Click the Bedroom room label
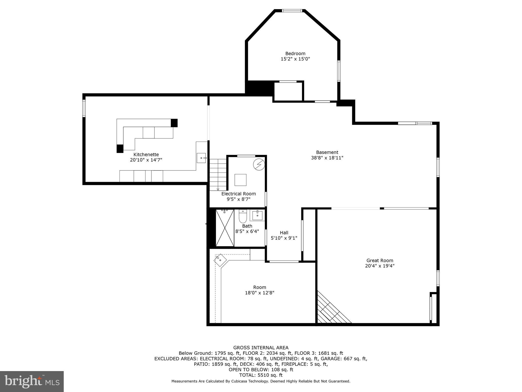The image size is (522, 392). pyautogui.click(x=295, y=54)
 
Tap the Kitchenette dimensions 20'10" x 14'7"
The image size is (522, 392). pyautogui.click(x=146, y=160)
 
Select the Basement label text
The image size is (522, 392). pyautogui.click(x=327, y=152)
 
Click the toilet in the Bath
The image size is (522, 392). pyautogui.click(x=243, y=216)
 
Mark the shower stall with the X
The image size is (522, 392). pyautogui.click(x=225, y=228)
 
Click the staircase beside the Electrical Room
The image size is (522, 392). pyautogui.click(x=218, y=175)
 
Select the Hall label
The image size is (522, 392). pyautogui.click(x=284, y=232)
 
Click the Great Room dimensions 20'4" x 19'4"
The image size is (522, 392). pyautogui.click(x=380, y=266)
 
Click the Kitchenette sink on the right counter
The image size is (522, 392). pyautogui.click(x=202, y=158)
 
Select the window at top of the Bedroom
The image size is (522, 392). pyautogui.click(x=292, y=11)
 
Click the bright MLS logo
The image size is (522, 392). pyautogui.click(x=32, y=381)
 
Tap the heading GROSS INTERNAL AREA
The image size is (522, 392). pyautogui.click(x=261, y=348)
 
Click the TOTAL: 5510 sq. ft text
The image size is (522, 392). pyautogui.click(x=261, y=375)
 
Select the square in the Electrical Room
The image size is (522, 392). pyautogui.click(x=240, y=180)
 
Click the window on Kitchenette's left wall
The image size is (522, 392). pyautogui.click(x=84, y=108)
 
